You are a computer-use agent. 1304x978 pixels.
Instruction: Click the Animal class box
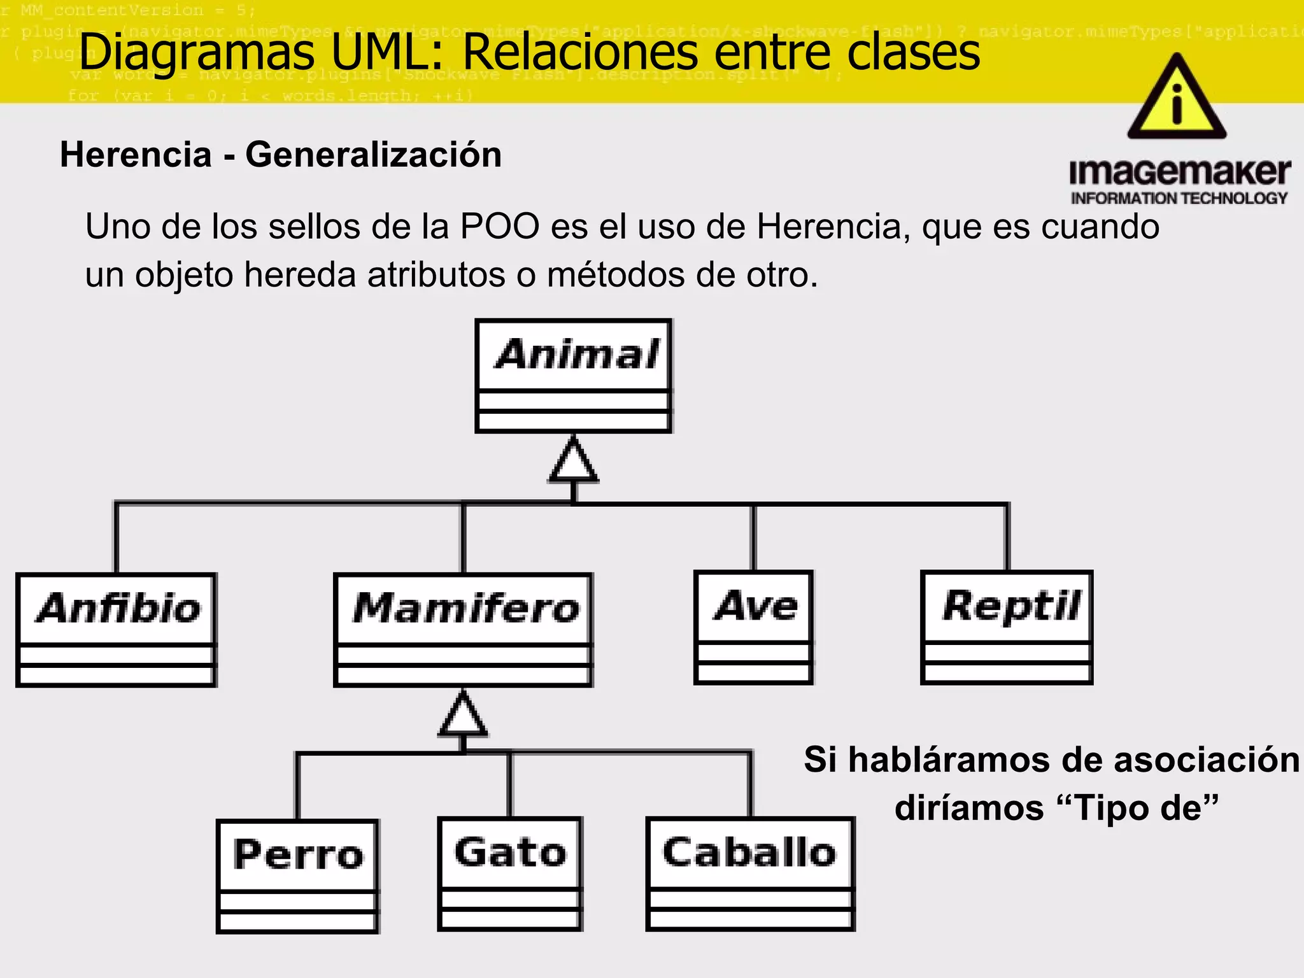point(573,376)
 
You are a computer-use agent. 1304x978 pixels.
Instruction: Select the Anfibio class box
point(117,629)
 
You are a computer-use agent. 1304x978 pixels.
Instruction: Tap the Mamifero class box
point(464,629)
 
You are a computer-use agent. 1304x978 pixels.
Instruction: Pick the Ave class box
point(754,627)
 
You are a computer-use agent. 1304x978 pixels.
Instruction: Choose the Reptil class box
point(1007,627)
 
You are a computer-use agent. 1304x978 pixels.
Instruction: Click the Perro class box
point(297,876)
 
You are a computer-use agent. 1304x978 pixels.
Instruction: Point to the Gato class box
point(509,874)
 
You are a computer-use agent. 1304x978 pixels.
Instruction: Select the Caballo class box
point(749,874)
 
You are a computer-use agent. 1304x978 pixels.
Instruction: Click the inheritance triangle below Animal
point(574,461)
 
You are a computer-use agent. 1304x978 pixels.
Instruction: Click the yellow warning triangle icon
point(1177,99)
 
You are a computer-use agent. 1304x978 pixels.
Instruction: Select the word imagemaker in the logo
point(1179,172)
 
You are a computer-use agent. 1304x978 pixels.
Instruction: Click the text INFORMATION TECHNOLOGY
point(1179,199)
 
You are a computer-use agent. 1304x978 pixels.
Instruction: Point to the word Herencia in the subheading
point(136,155)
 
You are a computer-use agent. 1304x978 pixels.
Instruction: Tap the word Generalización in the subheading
point(374,155)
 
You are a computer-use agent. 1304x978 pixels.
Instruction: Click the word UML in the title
point(390,52)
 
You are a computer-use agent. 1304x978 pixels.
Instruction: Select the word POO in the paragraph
point(500,227)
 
